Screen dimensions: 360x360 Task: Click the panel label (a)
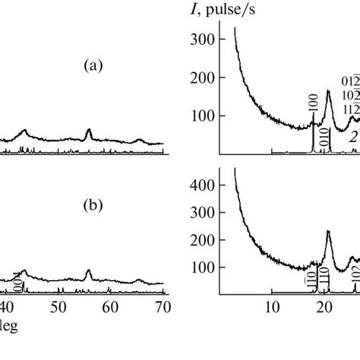click(x=93, y=67)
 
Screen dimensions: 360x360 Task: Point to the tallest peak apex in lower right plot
click(x=328, y=231)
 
